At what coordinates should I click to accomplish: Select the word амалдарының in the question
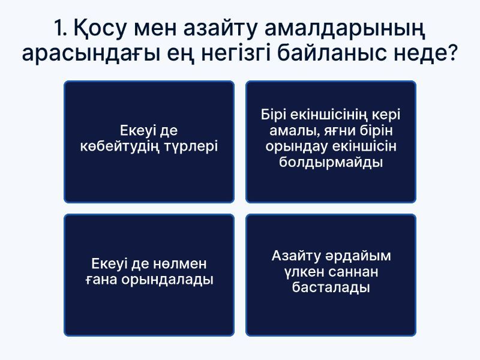[352, 28]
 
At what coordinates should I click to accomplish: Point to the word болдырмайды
[331, 163]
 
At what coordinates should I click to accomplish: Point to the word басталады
[331, 288]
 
